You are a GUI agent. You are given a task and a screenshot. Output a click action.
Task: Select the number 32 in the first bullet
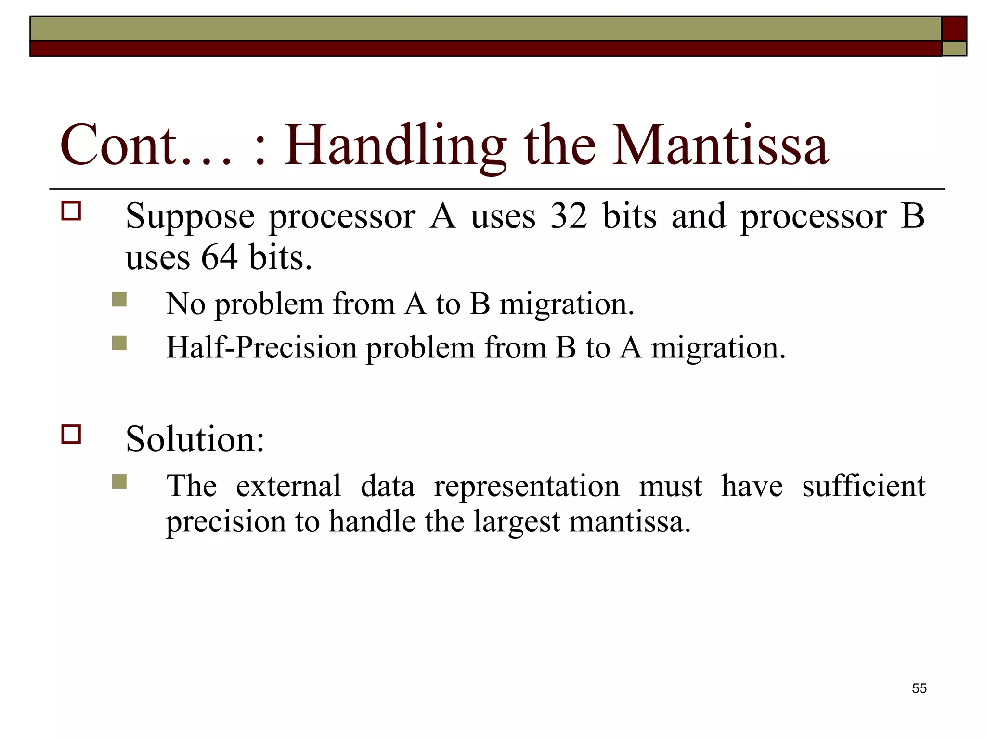pyautogui.click(x=569, y=216)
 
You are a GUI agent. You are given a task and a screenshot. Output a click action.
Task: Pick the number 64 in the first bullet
pyautogui.click(x=220, y=257)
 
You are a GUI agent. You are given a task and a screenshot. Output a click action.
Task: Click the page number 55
pyautogui.click(x=919, y=688)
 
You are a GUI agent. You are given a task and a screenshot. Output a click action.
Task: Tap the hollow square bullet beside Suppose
pyautogui.click(x=71, y=211)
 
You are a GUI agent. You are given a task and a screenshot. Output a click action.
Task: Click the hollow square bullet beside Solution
pyautogui.click(x=71, y=434)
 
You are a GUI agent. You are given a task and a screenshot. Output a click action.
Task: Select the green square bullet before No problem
pyautogui.click(x=119, y=300)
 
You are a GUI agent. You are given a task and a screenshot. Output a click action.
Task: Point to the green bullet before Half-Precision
pyautogui.click(x=119, y=343)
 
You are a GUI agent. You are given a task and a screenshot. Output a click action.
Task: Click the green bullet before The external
pyautogui.click(x=119, y=481)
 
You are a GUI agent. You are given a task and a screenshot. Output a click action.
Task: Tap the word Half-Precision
pyautogui.click(x=261, y=348)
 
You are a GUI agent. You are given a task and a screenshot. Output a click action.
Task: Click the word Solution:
pyautogui.click(x=195, y=439)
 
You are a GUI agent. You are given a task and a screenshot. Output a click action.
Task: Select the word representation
pyautogui.click(x=527, y=487)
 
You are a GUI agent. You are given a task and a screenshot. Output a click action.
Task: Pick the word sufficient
pyautogui.click(x=863, y=486)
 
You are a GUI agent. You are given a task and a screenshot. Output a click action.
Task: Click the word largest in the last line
pyautogui.click(x=517, y=522)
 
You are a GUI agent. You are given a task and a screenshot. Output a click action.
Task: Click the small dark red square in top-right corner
pyautogui.click(x=954, y=29)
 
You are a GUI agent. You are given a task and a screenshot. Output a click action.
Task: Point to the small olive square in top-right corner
pyautogui.click(x=954, y=49)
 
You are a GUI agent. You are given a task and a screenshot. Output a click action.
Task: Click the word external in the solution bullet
pyautogui.click(x=288, y=486)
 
